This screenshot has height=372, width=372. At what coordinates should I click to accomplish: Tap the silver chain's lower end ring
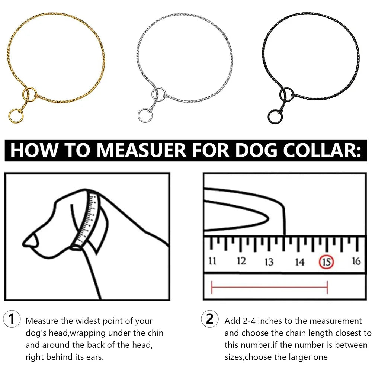coord(144,115)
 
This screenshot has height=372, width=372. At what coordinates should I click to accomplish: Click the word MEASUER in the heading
coord(141,150)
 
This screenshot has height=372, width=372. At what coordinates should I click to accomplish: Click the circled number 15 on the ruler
coord(326,262)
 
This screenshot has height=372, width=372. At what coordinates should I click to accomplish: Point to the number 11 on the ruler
coord(212,261)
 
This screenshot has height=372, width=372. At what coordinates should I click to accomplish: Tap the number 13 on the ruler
coord(269,262)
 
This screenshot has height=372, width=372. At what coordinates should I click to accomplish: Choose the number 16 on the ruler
coord(356,261)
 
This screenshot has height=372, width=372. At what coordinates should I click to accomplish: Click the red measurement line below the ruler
coord(269,287)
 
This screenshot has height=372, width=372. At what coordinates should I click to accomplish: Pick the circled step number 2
coord(210,319)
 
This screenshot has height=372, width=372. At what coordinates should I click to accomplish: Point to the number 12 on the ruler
coord(241,261)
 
